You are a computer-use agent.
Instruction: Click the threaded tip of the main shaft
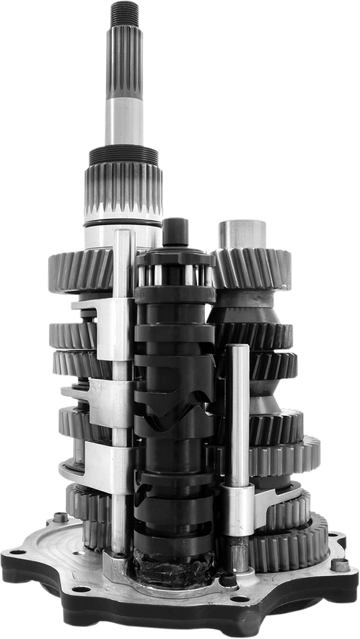point(124,13)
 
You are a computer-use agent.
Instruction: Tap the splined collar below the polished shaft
point(123,186)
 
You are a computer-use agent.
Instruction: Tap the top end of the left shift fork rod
point(124,235)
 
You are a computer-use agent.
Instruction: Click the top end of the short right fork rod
point(237,349)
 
